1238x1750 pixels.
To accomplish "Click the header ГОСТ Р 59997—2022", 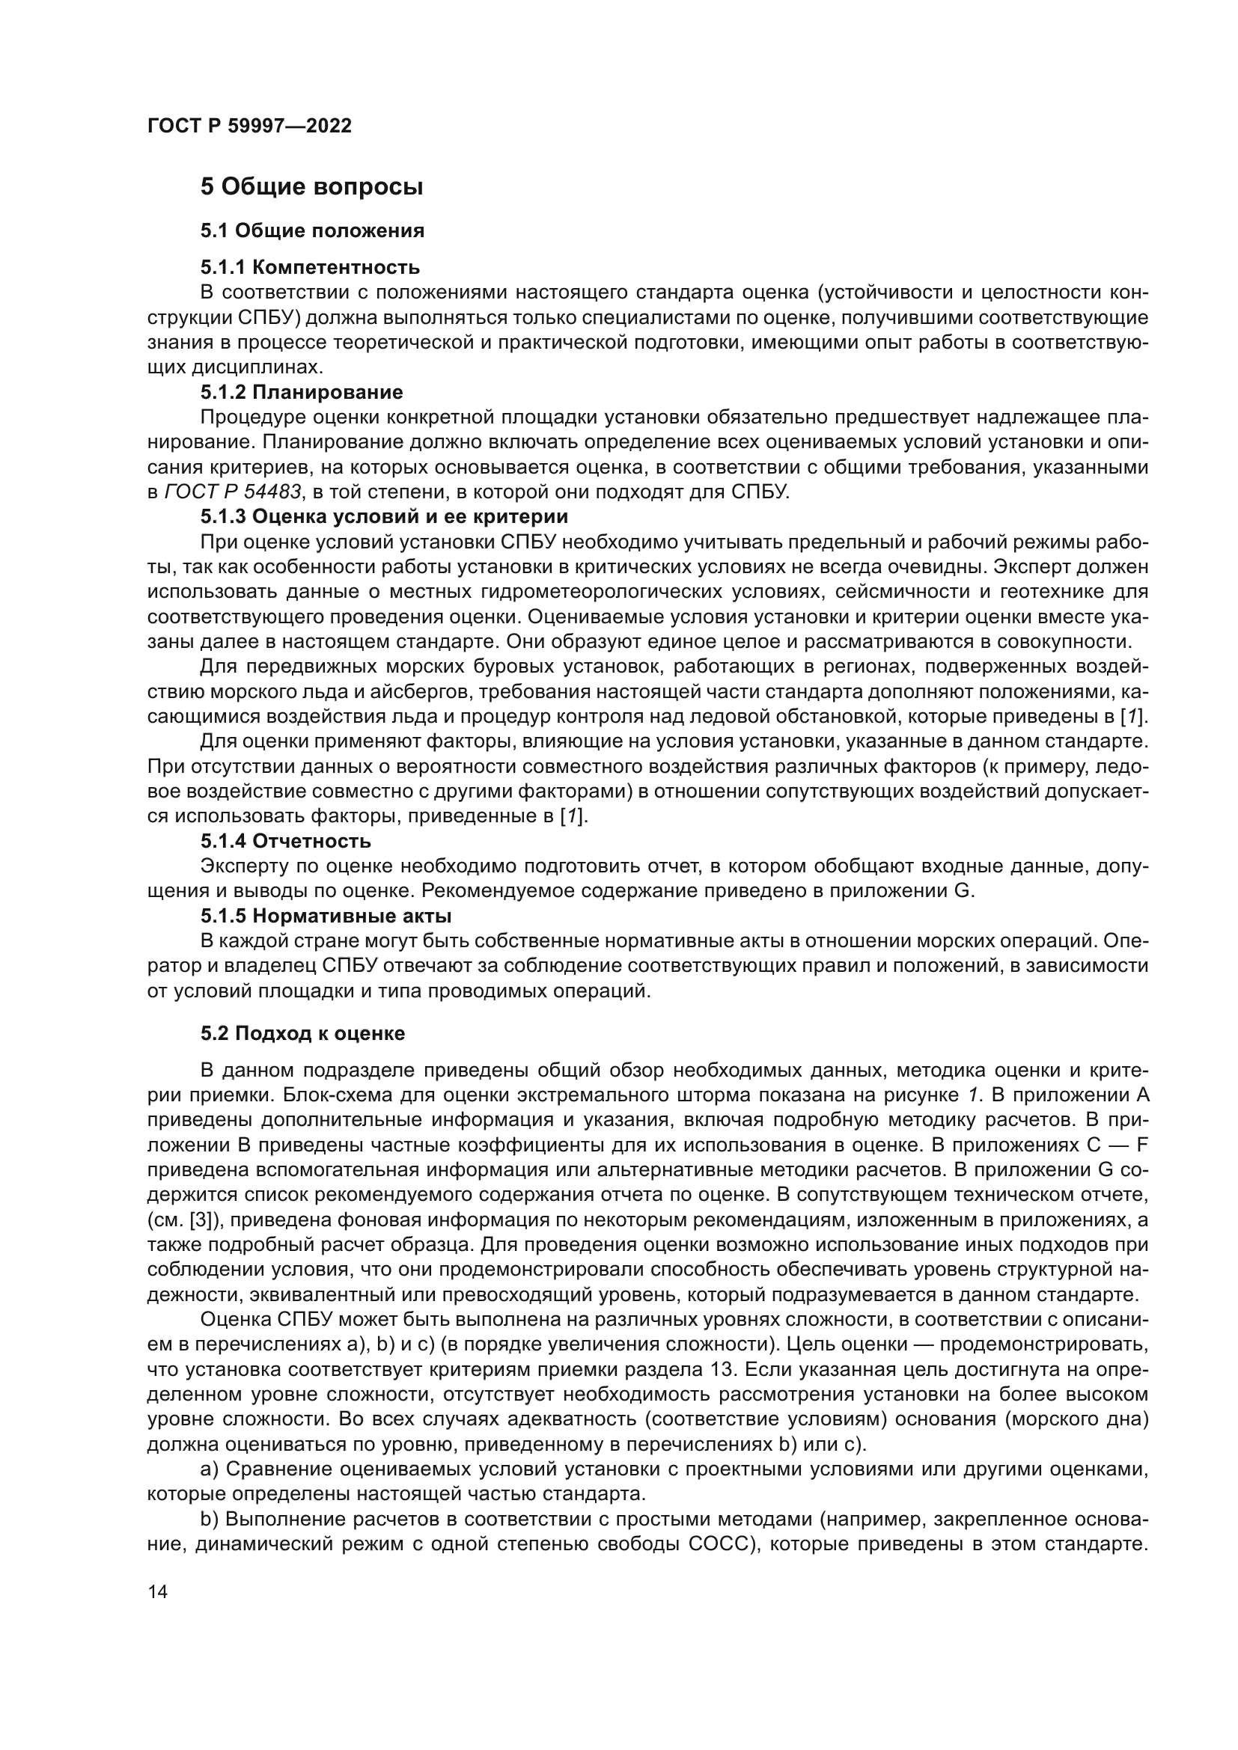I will click(x=249, y=126).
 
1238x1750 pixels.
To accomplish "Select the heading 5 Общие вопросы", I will click(x=311, y=187).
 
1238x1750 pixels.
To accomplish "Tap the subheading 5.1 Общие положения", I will click(x=312, y=231).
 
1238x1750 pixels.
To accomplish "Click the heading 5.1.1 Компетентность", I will click(x=311, y=268).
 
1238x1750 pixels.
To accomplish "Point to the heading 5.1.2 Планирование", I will click(x=302, y=393).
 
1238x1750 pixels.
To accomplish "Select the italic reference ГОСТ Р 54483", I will click(x=232, y=492).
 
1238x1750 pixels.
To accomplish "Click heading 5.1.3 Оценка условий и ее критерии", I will click(x=384, y=517).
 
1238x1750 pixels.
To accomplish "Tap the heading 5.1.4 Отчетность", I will click(x=286, y=842).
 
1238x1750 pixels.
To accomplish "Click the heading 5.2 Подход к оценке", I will click(x=302, y=1033).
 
